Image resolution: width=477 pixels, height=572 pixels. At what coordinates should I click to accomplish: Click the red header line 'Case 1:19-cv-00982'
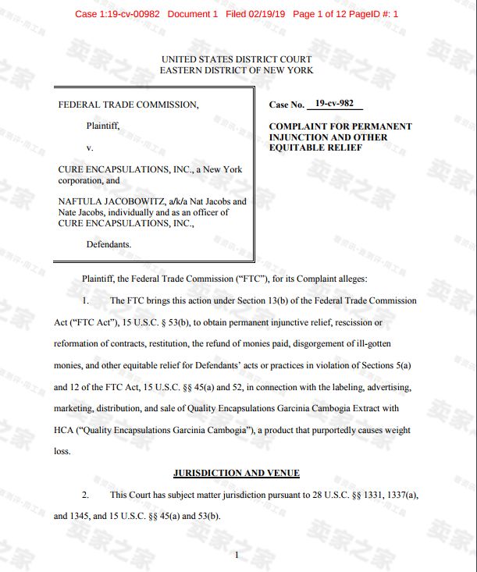click(x=118, y=14)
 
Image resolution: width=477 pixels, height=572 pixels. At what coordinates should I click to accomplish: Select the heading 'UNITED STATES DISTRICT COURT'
click(x=236, y=59)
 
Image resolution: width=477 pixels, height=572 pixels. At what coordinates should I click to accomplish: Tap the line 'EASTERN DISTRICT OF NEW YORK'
click(x=236, y=70)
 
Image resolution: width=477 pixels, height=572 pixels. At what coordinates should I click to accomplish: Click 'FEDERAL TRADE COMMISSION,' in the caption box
click(x=128, y=104)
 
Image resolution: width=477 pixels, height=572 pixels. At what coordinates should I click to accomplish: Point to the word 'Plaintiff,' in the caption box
click(x=103, y=125)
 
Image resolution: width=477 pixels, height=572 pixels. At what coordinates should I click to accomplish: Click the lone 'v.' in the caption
click(x=90, y=147)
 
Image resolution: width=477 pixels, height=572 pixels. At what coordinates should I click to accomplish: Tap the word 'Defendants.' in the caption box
click(x=109, y=244)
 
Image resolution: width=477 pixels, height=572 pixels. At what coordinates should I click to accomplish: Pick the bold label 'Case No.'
click(x=286, y=105)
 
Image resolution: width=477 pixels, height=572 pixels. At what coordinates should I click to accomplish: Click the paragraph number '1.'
click(x=87, y=300)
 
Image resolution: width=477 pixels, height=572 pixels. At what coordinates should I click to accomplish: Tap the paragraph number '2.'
click(x=87, y=495)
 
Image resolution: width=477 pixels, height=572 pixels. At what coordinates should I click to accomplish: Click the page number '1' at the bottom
click(x=236, y=555)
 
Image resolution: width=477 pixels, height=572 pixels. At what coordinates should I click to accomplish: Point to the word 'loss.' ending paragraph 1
click(x=62, y=452)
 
